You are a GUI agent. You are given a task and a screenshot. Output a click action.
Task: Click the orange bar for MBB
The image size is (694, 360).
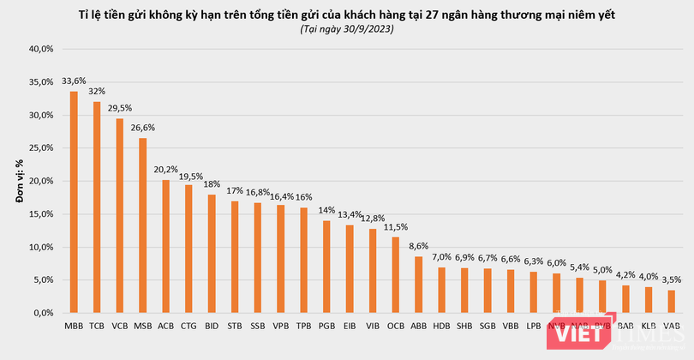74,202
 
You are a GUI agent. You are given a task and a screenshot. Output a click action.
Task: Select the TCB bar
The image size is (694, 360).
97,207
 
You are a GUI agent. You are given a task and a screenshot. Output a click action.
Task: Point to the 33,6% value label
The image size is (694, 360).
74,82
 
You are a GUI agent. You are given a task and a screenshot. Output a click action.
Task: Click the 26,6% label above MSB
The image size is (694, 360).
143,129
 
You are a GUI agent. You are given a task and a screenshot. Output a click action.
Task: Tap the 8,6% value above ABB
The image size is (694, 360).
418,247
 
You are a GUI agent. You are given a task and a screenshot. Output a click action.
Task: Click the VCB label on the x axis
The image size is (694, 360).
120,326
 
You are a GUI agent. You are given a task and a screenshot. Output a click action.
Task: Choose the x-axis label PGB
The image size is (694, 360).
326,326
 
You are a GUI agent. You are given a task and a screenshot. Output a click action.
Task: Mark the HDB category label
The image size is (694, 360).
441,326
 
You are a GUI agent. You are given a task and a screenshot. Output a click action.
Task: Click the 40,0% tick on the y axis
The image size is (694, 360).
41,49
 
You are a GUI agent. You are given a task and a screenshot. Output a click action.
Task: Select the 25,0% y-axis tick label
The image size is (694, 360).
41,148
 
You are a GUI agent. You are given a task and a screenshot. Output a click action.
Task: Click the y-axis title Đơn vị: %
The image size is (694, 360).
18,181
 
